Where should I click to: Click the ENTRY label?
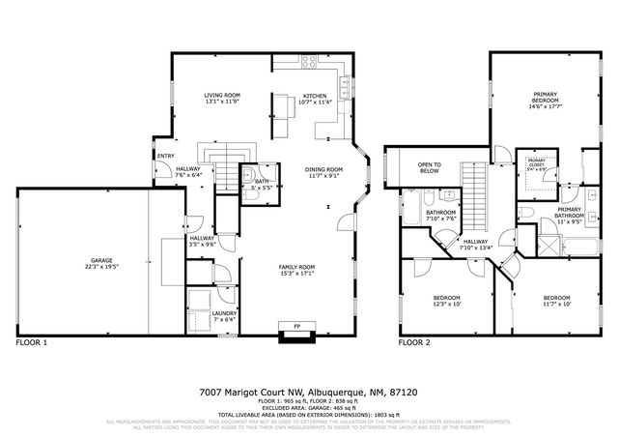click(165, 156)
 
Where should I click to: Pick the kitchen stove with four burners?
click(311, 63)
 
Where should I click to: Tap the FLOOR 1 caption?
click(32, 342)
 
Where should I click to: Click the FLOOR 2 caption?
click(414, 342)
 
